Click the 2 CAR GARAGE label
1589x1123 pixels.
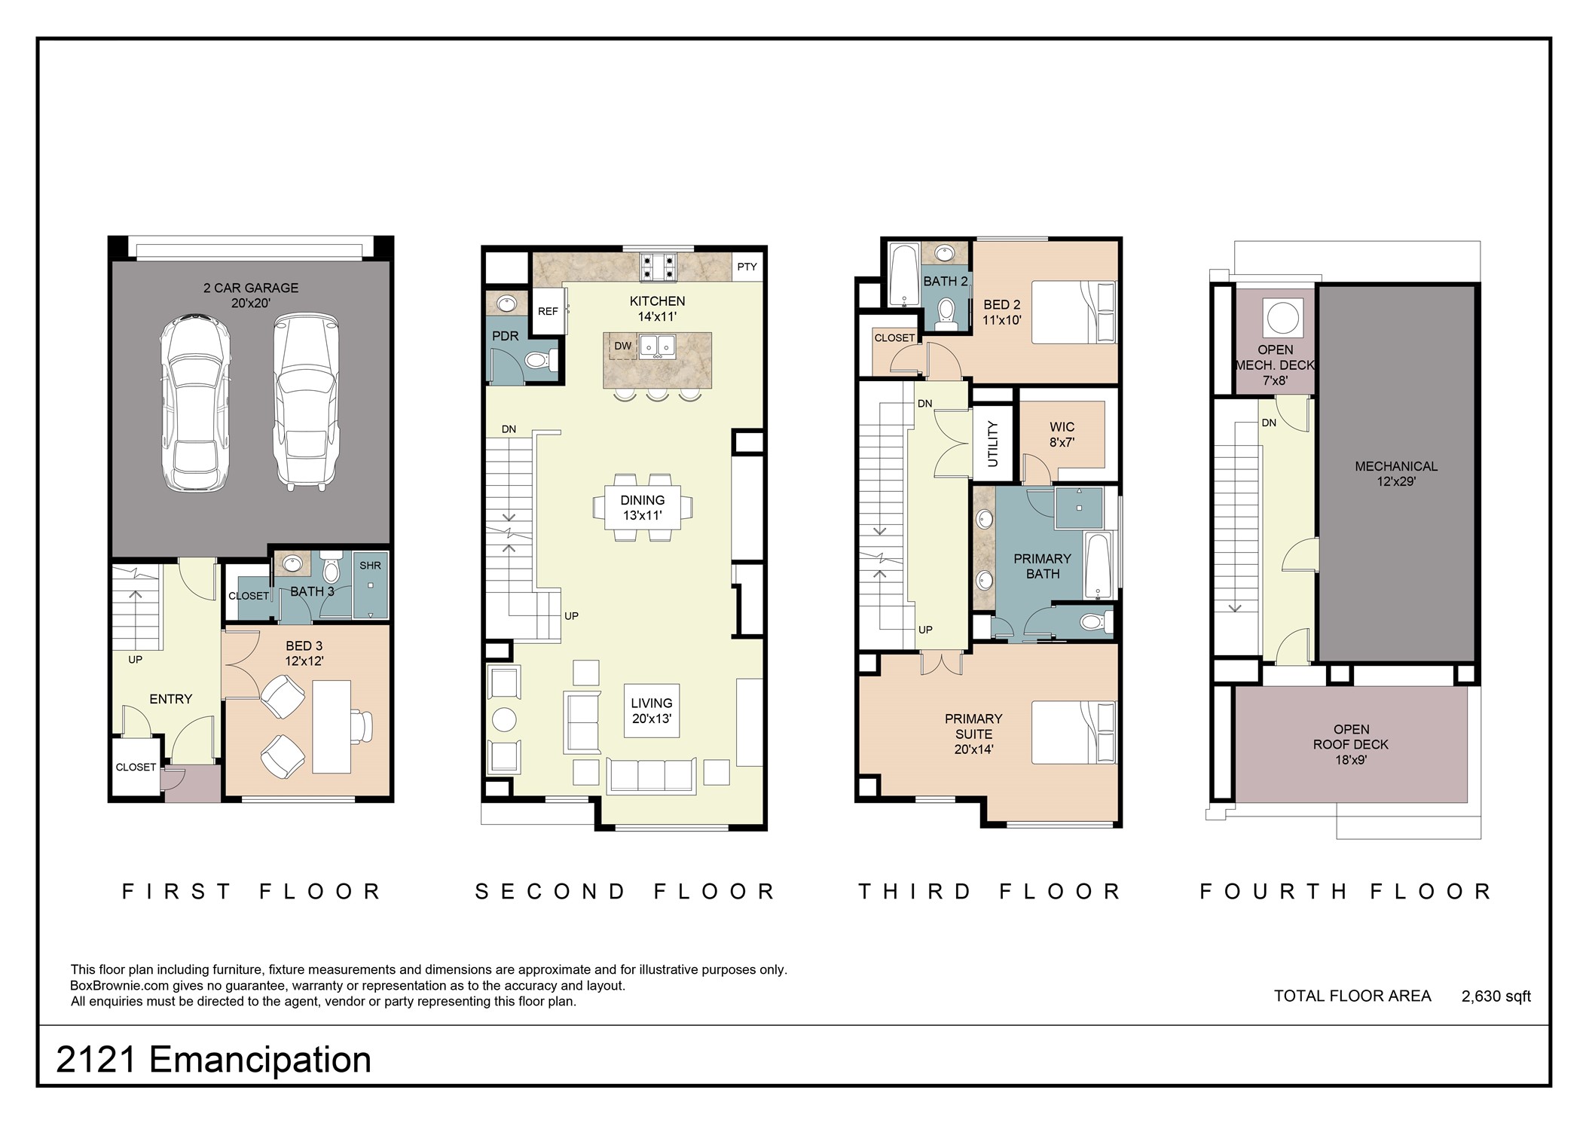tap(251, 295)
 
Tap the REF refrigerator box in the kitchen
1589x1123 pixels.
tap(548, 310)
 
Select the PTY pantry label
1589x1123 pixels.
tap(747, 267)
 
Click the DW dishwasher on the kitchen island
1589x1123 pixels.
tap(622, 346)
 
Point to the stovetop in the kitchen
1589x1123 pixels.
tap(659, 267)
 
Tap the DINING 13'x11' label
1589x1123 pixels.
tap(643, 508)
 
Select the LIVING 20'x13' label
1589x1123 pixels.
tap(652, 711)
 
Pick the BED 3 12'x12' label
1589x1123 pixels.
tap(304, 653)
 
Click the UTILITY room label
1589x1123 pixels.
tap(992, 444)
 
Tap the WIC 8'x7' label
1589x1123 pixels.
tap(1062, 435)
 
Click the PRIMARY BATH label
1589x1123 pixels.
tap(1042, 566)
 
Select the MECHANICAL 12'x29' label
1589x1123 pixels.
tap(1396, 474)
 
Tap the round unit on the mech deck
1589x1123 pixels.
tap(1280, 316)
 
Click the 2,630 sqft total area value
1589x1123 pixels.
tap(1496, 996)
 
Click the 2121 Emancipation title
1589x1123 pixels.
tap(213, 1060)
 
